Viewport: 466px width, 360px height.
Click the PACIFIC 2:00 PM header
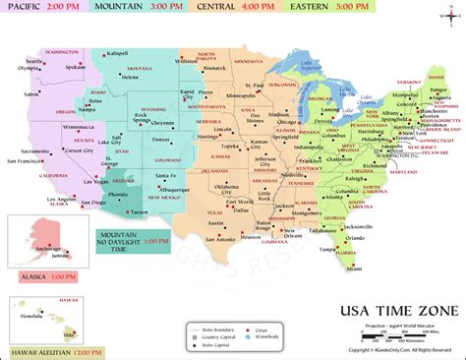tap(43, 6)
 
